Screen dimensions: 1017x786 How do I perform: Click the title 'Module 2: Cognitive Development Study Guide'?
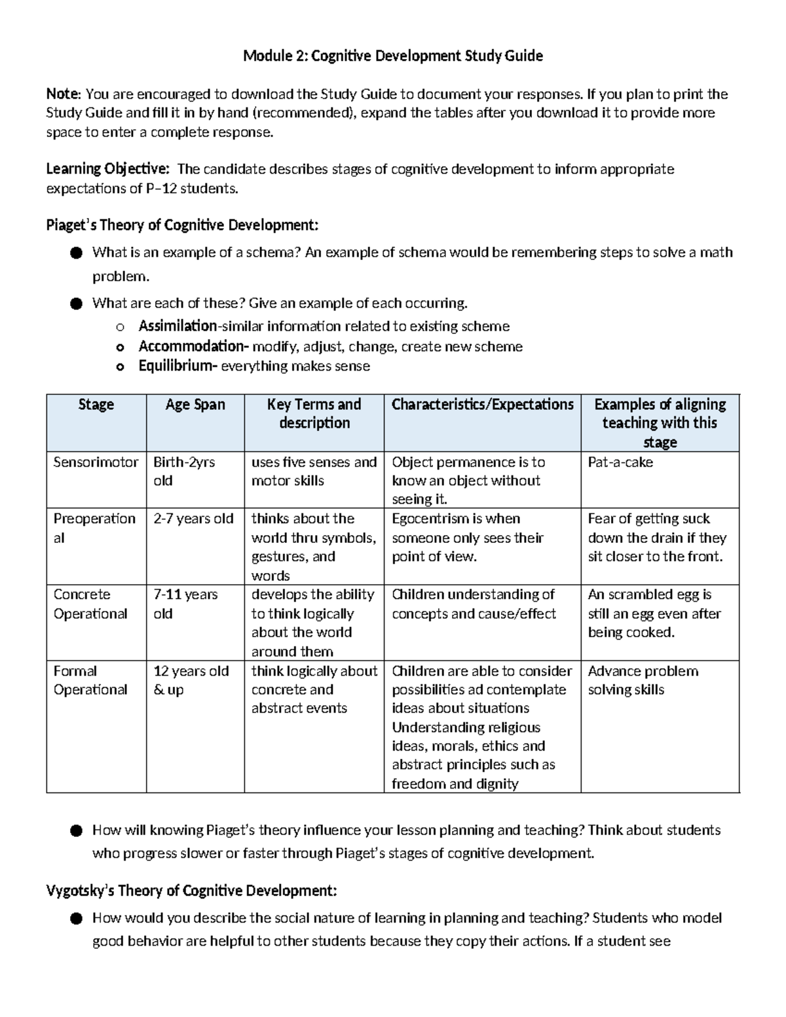(392, 56)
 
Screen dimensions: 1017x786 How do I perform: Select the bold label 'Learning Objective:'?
(107, 170)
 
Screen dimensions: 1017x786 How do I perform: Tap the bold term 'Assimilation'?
(178, 326)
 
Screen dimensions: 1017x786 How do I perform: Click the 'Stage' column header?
(96, 405)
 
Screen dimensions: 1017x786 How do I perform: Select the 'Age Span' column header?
(195, 405)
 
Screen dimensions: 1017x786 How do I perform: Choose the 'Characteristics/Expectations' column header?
(482, 405)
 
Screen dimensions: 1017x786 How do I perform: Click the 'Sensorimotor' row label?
(96, 462)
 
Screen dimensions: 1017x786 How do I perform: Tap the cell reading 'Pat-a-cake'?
(620, 462)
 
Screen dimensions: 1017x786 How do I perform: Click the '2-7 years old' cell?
(193, 519)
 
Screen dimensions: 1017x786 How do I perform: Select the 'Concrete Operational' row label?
(90, 604)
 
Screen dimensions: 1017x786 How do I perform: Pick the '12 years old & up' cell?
(191, 680)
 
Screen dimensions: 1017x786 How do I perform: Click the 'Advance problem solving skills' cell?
(643, 680)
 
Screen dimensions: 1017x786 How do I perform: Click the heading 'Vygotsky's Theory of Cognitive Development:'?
(191, 891)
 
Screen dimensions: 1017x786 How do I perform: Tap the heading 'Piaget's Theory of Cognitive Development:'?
(182, 225)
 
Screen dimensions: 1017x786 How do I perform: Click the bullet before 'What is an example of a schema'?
(77, 253)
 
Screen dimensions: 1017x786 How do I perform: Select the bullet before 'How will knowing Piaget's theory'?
(77, 831)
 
